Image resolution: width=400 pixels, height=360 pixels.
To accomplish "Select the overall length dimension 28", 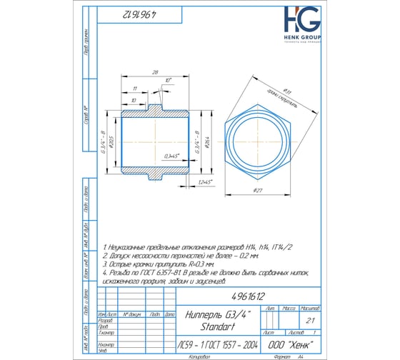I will [x=155, y=73].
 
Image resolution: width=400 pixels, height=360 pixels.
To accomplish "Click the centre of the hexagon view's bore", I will [x=258, y=139].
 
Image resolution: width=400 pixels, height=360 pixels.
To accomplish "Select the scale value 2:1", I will [x=310, y=321].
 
